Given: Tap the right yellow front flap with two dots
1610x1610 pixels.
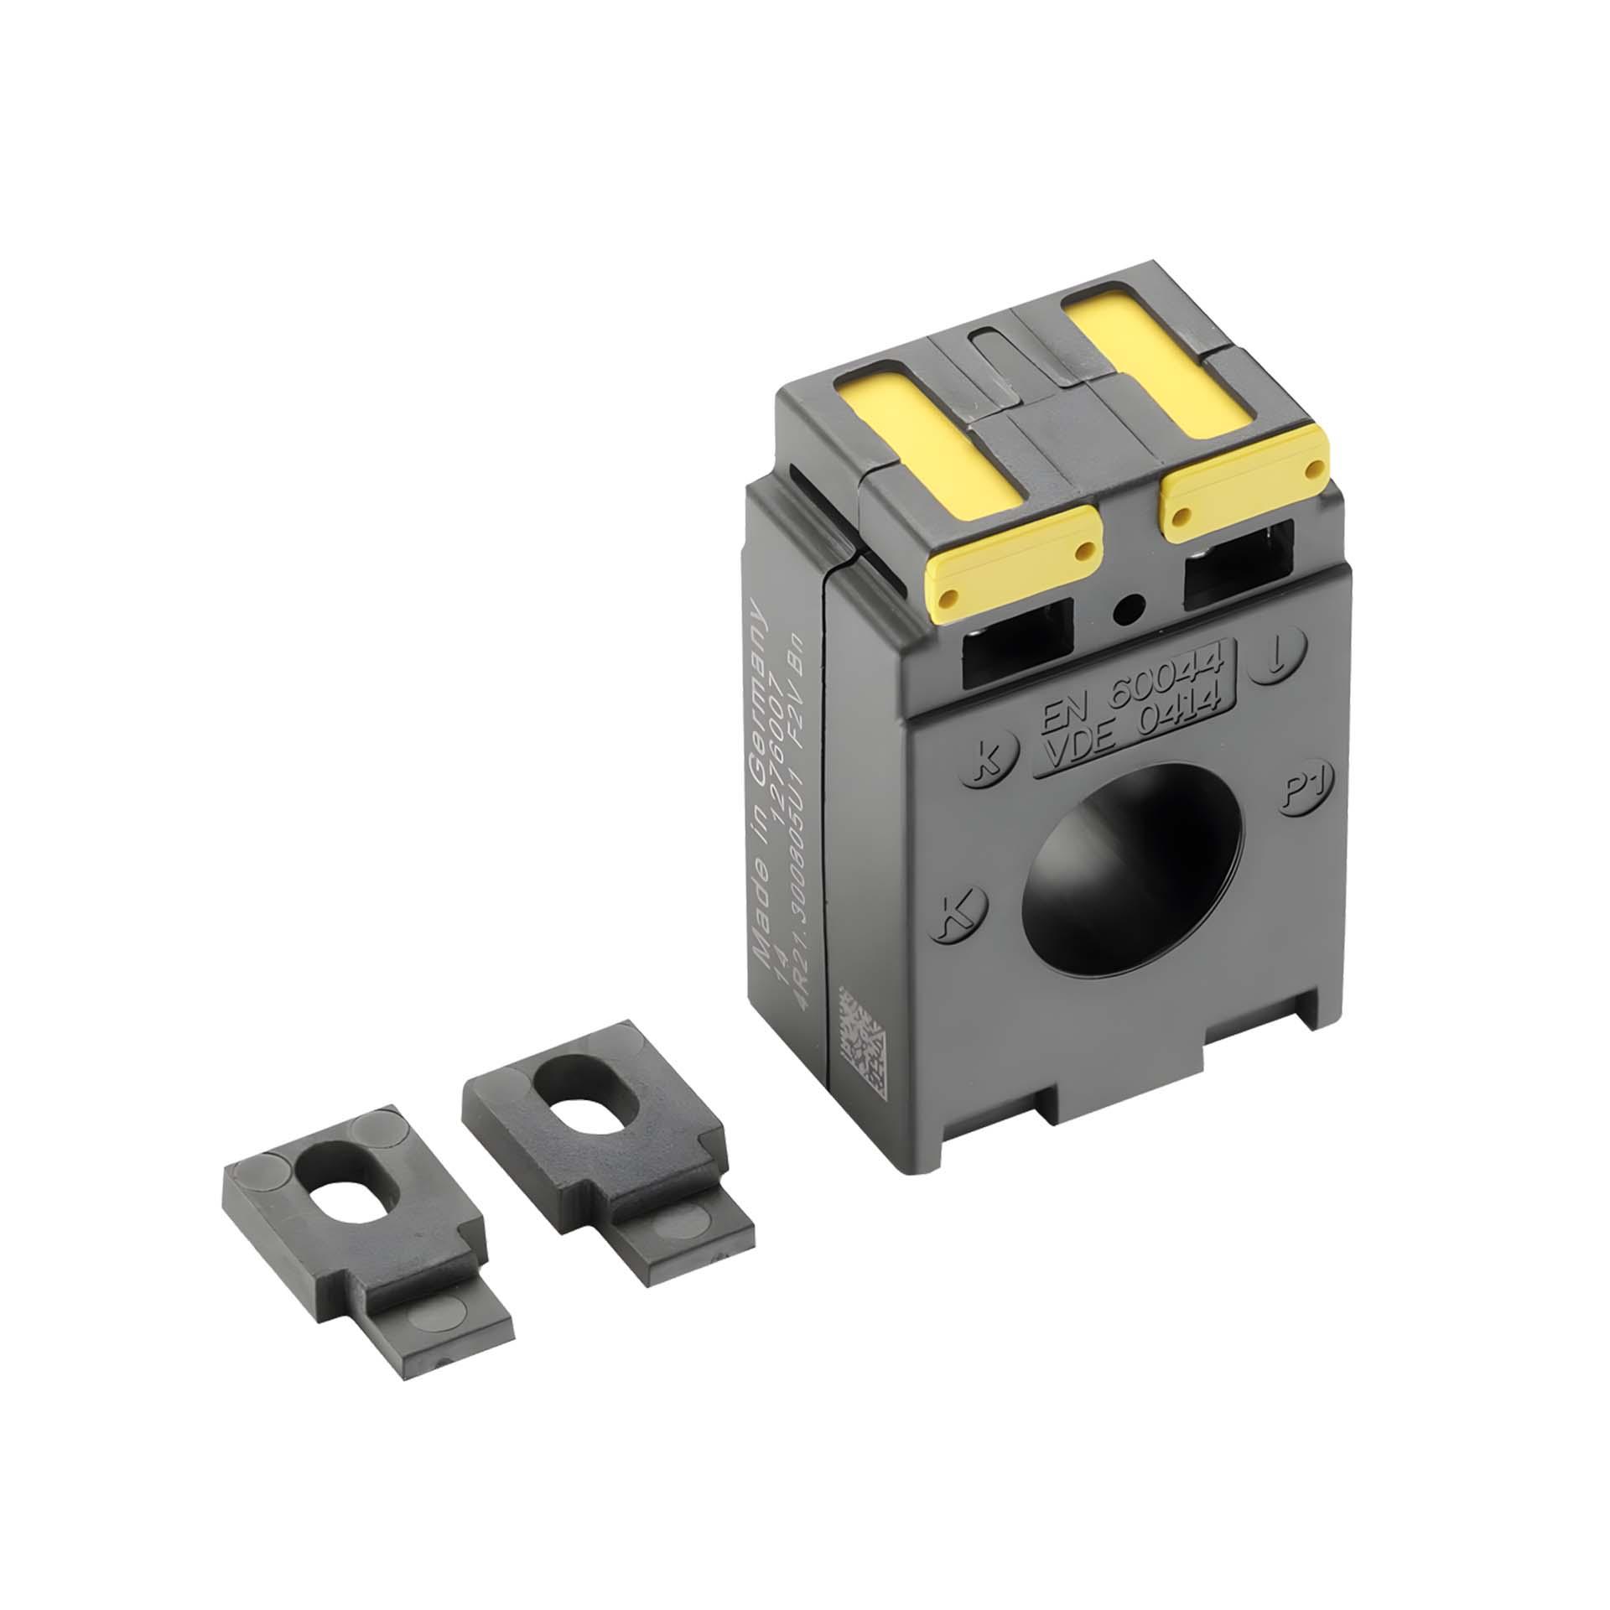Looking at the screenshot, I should tap(1241, 479).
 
